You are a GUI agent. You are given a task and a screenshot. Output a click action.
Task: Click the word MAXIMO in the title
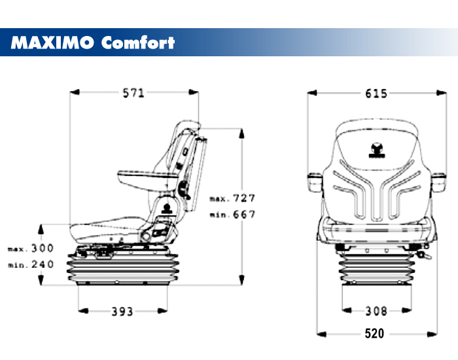coord(53,43)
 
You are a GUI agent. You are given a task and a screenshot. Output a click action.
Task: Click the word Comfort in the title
coord(138,43)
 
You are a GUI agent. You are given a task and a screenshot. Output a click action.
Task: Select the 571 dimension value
coord(133,93)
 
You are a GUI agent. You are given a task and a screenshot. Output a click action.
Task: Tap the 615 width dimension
coord(376,94)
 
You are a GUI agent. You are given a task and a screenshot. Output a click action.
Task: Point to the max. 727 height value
coord(232,198)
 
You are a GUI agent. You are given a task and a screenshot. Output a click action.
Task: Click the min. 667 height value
coord(232,214)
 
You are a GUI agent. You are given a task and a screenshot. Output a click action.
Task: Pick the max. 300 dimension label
coord(31,249)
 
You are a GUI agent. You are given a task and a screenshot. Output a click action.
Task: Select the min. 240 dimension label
coord(31,264)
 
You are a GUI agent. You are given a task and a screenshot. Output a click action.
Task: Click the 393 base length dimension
coord(122,311)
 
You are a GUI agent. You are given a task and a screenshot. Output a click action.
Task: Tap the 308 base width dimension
coord(376,311)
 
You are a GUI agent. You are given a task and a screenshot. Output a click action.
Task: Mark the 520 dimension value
coord(374,334)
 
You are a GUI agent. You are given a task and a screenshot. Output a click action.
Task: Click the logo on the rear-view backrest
coord(376,151)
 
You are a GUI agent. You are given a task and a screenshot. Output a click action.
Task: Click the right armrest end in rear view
coord(438,180)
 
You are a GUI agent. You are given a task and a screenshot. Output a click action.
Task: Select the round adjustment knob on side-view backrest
coord(184,192)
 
